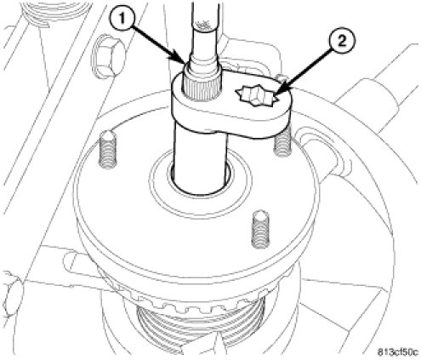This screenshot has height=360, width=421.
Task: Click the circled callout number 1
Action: tap(122, 20)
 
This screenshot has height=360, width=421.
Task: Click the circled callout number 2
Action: tap(342, 43)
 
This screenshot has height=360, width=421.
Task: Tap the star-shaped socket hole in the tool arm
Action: tap(256, 96)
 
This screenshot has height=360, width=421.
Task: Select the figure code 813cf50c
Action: tap(397, 352)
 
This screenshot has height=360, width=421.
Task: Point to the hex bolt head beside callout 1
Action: tap(108, 57)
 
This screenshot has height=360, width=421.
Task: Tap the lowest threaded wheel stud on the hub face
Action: tap(260, 229)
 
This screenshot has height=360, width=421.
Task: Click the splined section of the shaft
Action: tap(202, 85)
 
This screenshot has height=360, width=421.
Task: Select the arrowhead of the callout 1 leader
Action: tap(181, 60)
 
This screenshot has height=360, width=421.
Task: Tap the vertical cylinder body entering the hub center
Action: tap(200, 162)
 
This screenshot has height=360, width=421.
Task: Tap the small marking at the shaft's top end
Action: tap(202, 25)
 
